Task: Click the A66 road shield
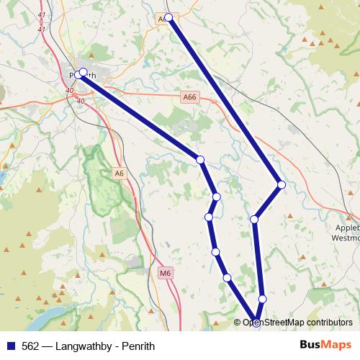point(189,96)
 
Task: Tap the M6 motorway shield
point(166,273)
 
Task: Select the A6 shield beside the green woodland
point(120,173)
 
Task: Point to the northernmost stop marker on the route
point(168,17)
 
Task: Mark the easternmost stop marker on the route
point(282,185)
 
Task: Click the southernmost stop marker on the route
point(256,322)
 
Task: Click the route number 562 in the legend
point(31,345)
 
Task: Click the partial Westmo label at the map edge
point(347,238)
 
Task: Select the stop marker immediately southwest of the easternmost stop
point(254,218)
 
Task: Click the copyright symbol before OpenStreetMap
point(238,323)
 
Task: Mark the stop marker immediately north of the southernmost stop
point(262,299)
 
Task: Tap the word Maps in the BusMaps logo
point(334,344)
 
